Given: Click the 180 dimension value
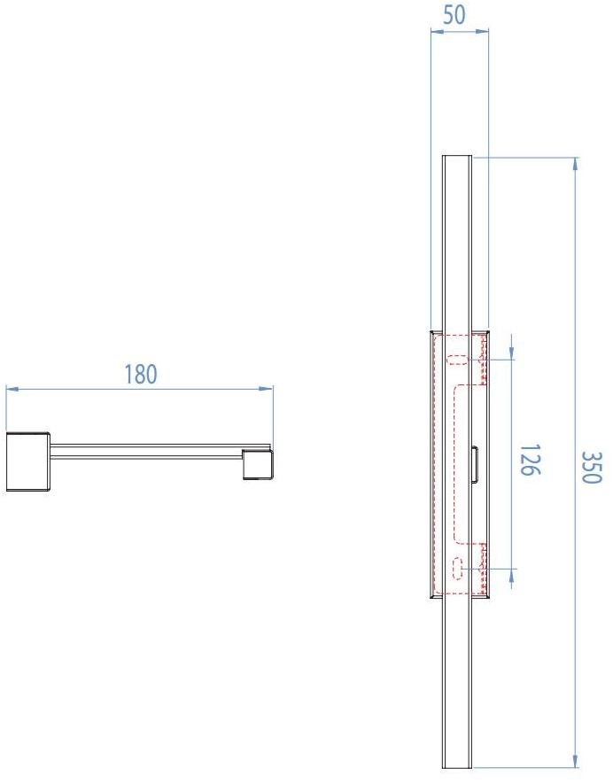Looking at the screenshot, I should click(140, 375).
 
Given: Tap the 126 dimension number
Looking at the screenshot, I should click(527, 460).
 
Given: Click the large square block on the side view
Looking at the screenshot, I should click(27, 461).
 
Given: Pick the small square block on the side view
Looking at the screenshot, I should click(257, 464).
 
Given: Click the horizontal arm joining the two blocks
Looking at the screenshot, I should click(146, 449).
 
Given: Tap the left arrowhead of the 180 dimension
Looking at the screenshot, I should click(11, 388).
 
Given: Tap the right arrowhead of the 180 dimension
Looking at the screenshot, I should click(268, 388).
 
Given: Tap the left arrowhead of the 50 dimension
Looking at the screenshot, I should click(435, 32).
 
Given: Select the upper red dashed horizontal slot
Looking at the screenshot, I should click(458, 360).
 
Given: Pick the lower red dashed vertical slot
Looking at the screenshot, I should click(457, 567).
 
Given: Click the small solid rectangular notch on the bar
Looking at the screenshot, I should click(475, 464).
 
